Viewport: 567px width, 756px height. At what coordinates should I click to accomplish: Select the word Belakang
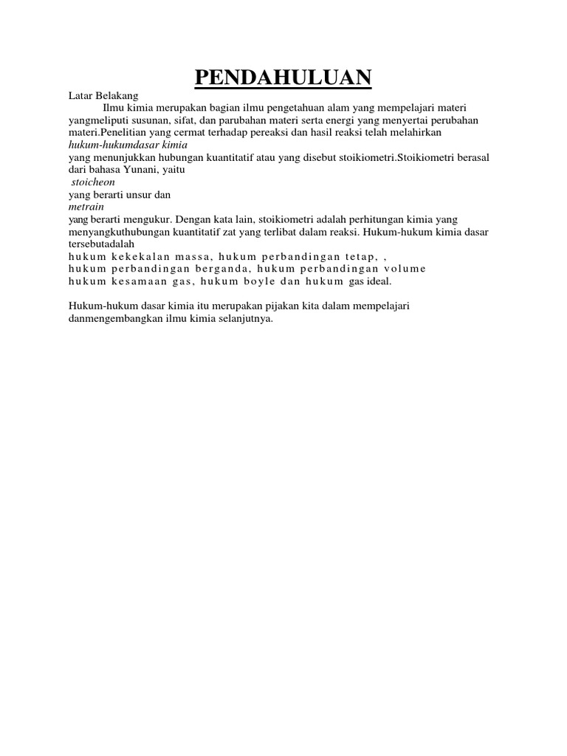tap(116, 95)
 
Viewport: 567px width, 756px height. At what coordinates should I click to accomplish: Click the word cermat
tap(188, 134)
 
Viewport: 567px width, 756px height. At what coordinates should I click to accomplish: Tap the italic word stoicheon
tap(93, 182)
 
